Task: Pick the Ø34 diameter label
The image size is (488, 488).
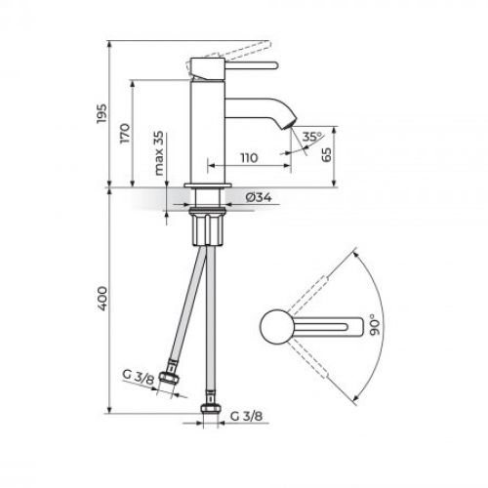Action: coord(258,197)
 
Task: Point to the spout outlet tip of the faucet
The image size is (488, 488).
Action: coord(286,125)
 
